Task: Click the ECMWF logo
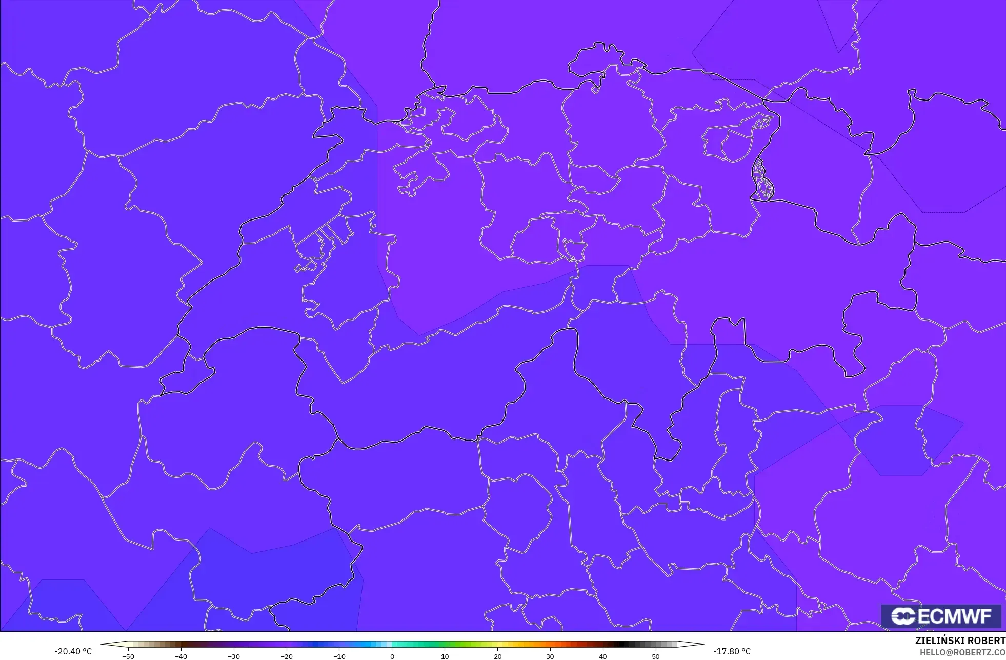coord(941,616)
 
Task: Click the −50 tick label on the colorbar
coord(128,656)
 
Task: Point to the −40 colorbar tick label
coord(181,656)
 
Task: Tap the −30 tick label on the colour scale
coord(234,656)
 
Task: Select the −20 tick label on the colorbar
coord(287,656)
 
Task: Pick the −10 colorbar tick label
coord(339,656)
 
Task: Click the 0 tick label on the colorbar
coord(392,656)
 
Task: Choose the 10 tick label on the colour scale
coord(445,656)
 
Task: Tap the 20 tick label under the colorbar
coord(497,656)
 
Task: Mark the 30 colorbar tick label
coord(550,656)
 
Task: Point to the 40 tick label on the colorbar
coord(603,656)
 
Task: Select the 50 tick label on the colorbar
coord(656,656)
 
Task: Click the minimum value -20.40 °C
coord(73,651)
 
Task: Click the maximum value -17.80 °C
coord(732,651)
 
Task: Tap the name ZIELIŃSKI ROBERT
coord(960,641)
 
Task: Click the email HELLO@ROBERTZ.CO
coord(962,652)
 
